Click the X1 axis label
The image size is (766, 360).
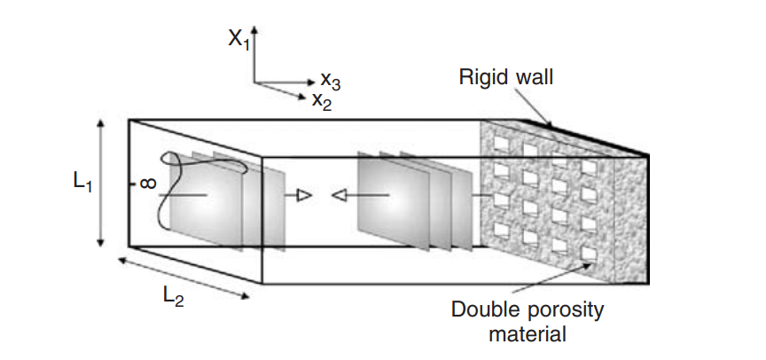pos(238,39)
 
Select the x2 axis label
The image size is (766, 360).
pos(322,101)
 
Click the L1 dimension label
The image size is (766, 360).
pos(82,182)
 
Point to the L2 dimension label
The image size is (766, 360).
pos(173,296)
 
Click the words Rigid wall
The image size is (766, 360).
pos(505,76)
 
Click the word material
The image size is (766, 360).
pos(528,334)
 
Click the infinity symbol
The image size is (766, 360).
pos(149,184)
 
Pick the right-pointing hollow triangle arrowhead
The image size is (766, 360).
pos(304,196)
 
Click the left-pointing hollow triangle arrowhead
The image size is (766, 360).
pos(339,196)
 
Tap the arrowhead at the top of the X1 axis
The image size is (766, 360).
pos(254,30)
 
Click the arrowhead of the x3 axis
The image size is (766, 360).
pos(311,82)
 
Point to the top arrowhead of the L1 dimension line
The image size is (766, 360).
pos(101,123)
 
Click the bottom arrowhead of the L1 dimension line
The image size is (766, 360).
pos(101,242)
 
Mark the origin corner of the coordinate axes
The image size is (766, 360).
pos(254,82)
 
